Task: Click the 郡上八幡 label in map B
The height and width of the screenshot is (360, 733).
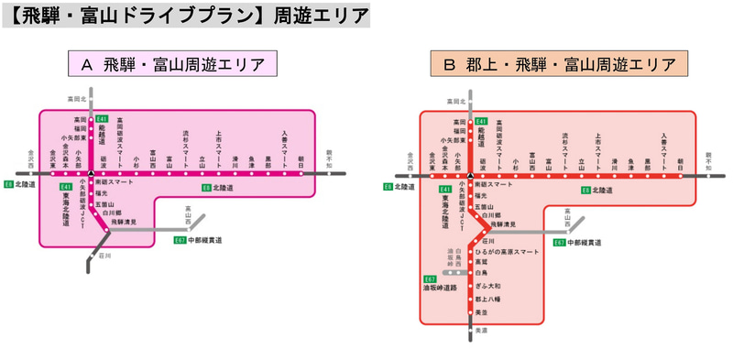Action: pos(488,300)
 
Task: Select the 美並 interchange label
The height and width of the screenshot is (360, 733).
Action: pos(480,313)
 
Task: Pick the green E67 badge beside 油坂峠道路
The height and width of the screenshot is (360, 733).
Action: pos(430,279)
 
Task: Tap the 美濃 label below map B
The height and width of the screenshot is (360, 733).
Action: pos(481,331)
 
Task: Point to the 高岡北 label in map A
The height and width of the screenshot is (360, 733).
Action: pos(75,98)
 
